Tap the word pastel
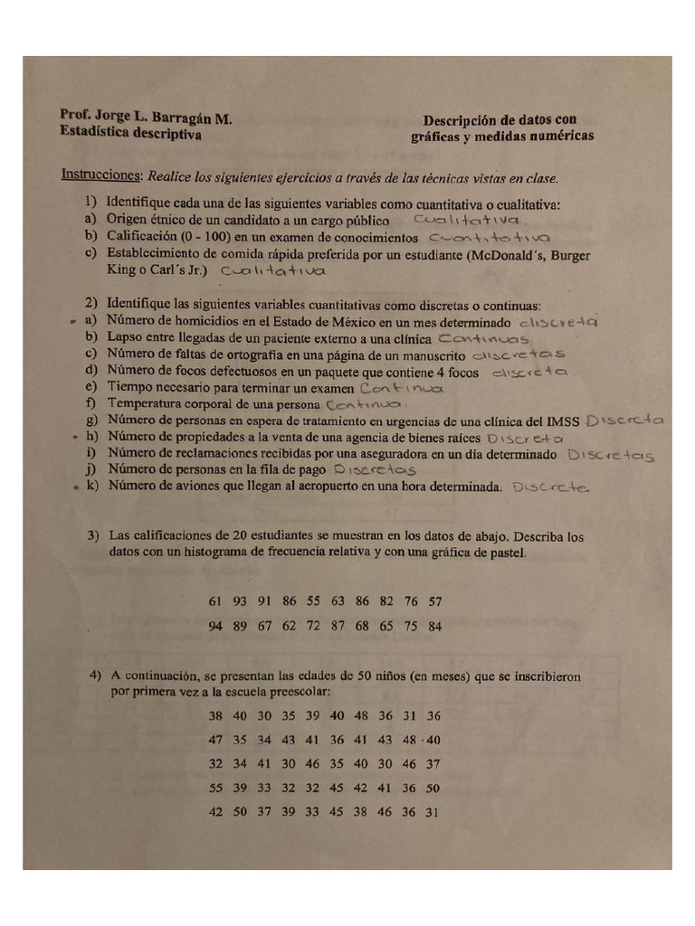click(x=504, y=552)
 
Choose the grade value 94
click(x=215, y=626)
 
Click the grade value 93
click(x=240, y=601)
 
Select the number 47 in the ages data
click(x=215, y=740)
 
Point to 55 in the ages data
click(x=215, y=788)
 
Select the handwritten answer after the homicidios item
click(x=559, y=322)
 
